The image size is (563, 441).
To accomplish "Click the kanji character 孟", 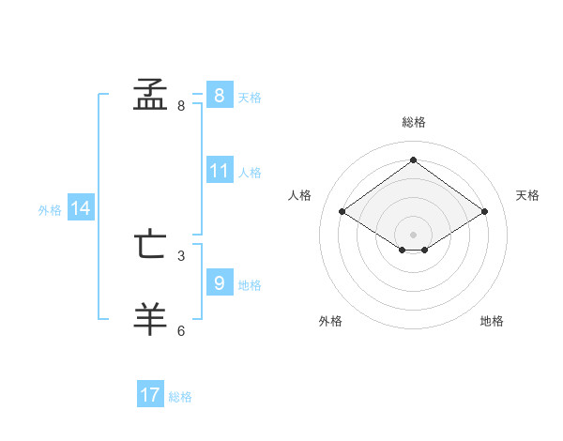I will [150, 95].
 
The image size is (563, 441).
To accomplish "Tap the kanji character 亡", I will [150, 246].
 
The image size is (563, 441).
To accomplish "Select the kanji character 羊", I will [150, 319].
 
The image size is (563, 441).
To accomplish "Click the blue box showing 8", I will [219, 96].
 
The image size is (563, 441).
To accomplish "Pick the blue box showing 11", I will [219, 172].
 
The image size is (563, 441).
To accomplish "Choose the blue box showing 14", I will [81, 209].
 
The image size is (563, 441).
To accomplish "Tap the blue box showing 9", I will [219, 283].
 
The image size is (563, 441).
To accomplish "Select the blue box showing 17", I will [150, 395].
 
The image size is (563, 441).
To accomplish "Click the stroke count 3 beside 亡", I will [181, 255].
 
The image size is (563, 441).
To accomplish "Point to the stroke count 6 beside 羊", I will [181, 330].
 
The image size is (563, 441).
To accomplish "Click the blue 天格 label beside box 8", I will [250, 98].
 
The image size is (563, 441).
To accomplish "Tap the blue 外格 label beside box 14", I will [50, 210].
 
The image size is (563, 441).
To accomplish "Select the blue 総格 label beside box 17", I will [180, 397].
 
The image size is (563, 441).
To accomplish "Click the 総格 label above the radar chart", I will [413, 123].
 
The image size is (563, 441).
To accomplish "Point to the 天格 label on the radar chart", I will [528, 195].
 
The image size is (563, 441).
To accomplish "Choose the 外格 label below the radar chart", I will [330, 321].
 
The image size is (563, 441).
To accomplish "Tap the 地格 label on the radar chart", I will [492, 321].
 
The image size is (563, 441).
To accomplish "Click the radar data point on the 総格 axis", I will [413, 160].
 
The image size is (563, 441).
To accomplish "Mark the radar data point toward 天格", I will [484, 212].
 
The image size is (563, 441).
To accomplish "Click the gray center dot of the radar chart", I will [413, 234].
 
